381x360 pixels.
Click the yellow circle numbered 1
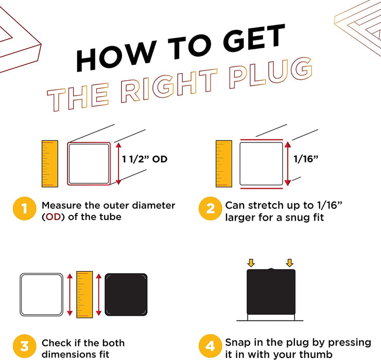tap(23, 210)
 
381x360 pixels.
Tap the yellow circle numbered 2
tap(210, 210)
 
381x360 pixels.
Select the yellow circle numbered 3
tap(23, 348)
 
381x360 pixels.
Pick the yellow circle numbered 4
tap(210, 348)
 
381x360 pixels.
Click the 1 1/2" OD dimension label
tap(145, 159)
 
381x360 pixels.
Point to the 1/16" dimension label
tap(306, 159)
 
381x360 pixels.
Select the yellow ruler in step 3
tap(84, 294)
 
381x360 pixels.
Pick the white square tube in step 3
tap(41, 294)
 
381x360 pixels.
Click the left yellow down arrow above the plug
tap(251, 263)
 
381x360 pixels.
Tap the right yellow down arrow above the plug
tap(289, 263)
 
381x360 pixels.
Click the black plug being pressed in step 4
tap(271, 292)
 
